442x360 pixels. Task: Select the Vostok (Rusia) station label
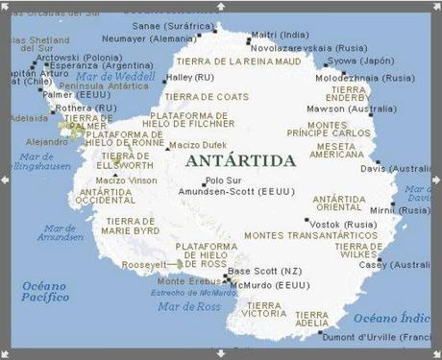tap(342, 223)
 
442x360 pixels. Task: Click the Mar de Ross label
tap(184, 305)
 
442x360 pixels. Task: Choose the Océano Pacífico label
tap(44, 291)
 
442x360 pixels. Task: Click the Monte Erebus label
tap(184, 280)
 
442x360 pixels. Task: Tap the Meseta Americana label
tap(337, 150)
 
